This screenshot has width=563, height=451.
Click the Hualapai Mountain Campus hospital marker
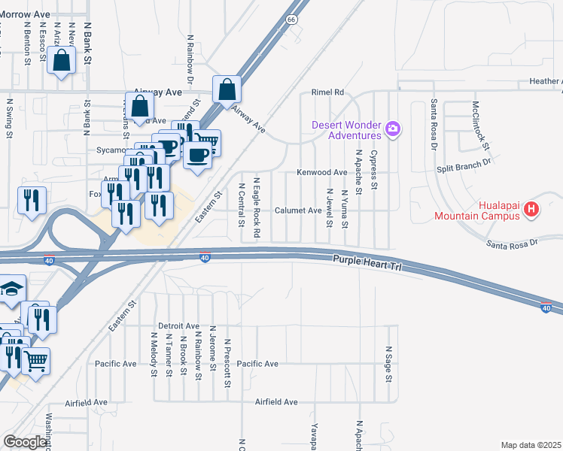tap(531, 209)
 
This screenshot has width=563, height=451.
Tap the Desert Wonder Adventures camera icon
tap(392, 130)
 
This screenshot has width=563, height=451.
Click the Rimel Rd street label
tap(328, 92)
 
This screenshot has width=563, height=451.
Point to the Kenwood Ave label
tap(321, 172)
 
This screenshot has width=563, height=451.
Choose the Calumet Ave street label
tap(298, 210)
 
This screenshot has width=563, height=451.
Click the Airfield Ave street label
tap(276, 402)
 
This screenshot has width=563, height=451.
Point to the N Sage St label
tap(388, 364)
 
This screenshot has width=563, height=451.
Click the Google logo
tap(26, 442)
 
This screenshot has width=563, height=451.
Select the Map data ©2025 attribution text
tap(531, 445)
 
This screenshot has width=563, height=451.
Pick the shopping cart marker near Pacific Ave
tap(35, 361)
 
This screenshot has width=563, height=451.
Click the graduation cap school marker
tap(11, 288)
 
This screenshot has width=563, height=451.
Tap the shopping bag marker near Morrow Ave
tap(62, 61)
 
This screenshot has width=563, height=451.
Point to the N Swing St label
tap(10, 117)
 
